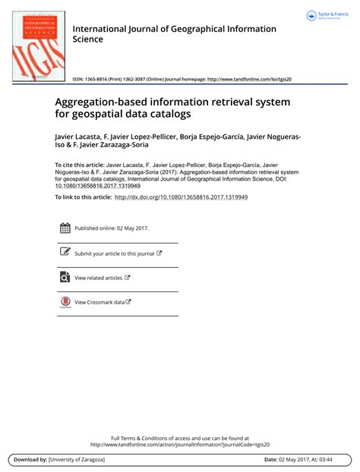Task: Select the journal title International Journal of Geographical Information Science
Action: (x=175, y=33)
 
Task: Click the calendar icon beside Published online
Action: (x=65, y=228)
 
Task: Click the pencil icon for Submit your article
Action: (x=65, y=253)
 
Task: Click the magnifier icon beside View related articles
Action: (x=65, y=278)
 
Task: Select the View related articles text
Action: (x=99, y=278)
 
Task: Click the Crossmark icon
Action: (x=65, y=302)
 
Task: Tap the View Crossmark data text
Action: (x=99, y=302)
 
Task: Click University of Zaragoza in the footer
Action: (x=77, y=460)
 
